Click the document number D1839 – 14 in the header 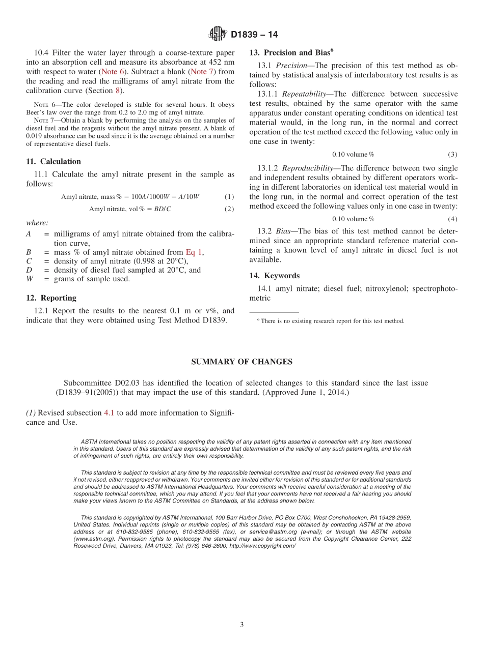coord(254,35)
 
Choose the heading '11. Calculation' coord(53,162)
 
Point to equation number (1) coord(229,197)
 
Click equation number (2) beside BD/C coord(229,209)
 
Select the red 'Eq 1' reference coord(194,252)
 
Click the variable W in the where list coord(30,279)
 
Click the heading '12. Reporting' coord(51,298)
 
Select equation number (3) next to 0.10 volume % coord(452,155)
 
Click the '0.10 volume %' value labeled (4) coord(353,219)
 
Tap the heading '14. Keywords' coord(274,276)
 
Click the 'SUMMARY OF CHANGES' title coord(241,362)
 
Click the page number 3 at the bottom coord(242,625)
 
